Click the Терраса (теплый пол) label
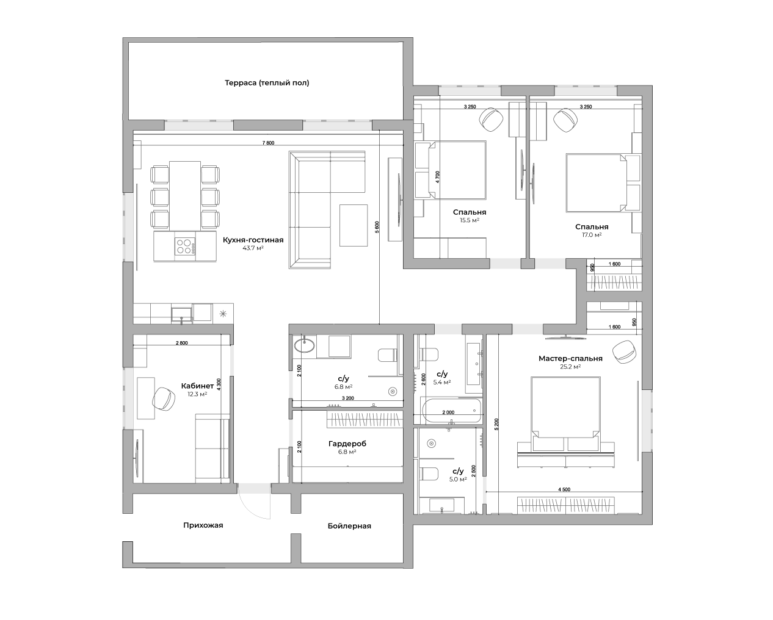[267, 83]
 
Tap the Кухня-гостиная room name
[253, 240]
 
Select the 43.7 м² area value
[253, 248]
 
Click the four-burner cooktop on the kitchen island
[186, 247]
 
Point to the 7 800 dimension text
[268, 143]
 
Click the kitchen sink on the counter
[181, 314]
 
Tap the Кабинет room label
[197, 386]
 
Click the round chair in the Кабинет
[164, 398]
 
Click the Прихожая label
[203, 525]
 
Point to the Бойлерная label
[349, 526]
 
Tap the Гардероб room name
[347, 444]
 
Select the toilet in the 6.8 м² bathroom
[388, 355]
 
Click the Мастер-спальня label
[570, 358]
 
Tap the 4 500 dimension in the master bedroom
[564, 489]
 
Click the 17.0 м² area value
[592, 235]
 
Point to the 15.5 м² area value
[470, 220]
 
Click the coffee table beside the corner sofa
[354, 225]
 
